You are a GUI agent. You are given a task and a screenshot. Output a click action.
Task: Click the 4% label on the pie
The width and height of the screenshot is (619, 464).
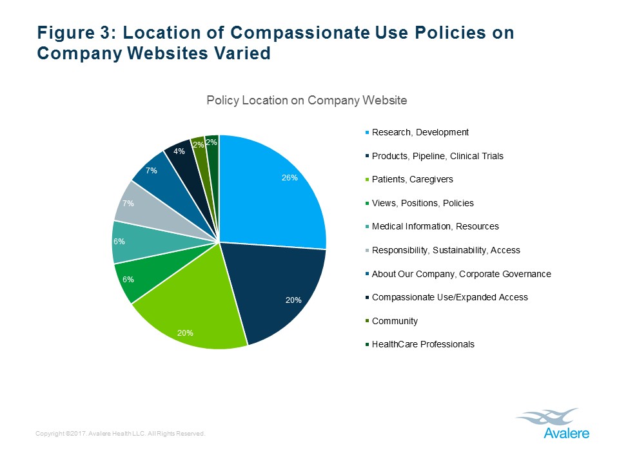tap(179, 151)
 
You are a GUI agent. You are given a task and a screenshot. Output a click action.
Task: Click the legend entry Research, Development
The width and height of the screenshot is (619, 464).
tap(420, 133)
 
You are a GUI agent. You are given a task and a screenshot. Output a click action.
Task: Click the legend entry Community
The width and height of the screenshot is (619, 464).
tap(395, 321)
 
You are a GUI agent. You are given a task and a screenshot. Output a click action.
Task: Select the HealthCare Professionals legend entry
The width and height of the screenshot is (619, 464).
tap(423, 344)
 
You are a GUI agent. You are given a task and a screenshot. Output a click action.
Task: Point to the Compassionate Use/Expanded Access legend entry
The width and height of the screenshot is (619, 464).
tap(449, 297)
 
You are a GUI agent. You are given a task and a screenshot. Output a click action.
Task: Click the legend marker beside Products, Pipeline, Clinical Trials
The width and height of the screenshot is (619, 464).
tap(368, 157)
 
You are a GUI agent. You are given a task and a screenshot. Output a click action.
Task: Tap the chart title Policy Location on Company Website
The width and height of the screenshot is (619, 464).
tap(306, 101)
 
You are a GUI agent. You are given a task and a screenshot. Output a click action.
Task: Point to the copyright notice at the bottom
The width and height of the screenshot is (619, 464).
tap(121, 434)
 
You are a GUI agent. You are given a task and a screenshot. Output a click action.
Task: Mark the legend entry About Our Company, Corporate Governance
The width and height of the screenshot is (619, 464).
tap(461, 274)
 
